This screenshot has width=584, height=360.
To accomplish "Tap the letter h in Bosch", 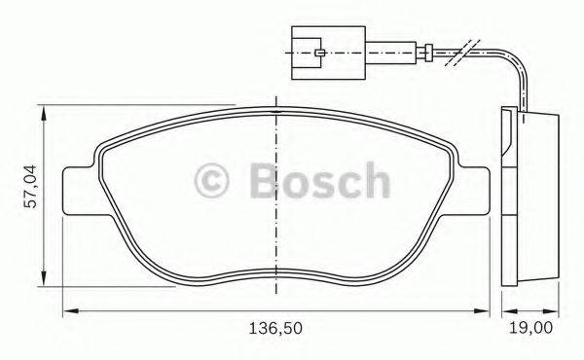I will (374, 181).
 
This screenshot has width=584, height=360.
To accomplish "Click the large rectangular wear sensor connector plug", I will (322, 45).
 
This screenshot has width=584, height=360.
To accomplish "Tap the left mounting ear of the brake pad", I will (78, 191).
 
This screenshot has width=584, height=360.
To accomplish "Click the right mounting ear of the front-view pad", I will (474, 191).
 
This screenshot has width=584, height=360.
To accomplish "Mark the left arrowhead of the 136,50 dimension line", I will (69, 310).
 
